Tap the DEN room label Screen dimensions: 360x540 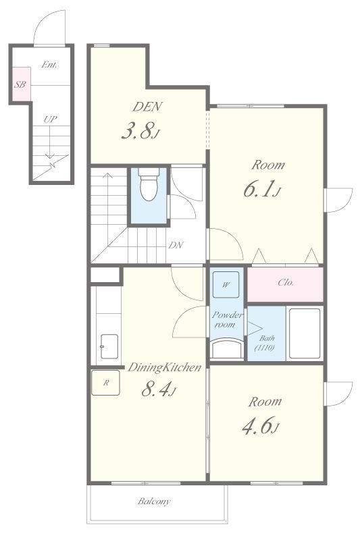(x=147, y=107)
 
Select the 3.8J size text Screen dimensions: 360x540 (x=141, y=131)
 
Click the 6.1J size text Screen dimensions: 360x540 (x=263, y=189)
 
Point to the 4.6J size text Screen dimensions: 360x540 (x=261, y=425)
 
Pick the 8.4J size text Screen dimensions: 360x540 (x=159, y=389)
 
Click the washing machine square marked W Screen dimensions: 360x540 (x=226, y=284)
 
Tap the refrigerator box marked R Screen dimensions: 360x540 (x=106, y=383)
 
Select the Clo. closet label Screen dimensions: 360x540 (x=286, y=282)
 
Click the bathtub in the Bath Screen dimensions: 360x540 (x=305, y=333)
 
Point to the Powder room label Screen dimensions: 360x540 (x=226, y=319)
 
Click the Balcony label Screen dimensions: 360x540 (x=154, y=501)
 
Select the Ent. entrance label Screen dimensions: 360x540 (x=49, y=64)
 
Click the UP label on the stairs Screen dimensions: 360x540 (x=50, y=119)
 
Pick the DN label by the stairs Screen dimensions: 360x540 (x=176, y=245)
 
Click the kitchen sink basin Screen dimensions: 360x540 (x=109, y=346)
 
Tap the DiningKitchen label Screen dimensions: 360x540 (x=164, y=367)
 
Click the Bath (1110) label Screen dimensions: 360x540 (x=265, y=343)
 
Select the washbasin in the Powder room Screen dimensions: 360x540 (x=227, y=348)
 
